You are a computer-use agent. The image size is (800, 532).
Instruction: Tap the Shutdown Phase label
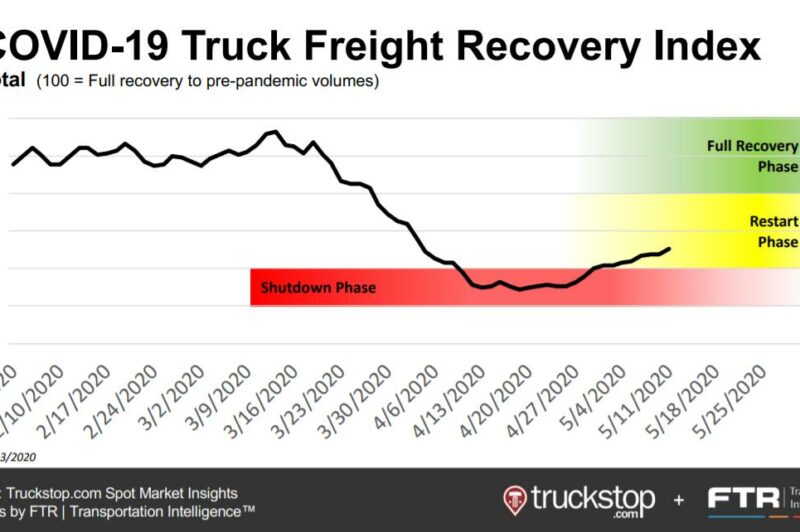[x=318, y=288]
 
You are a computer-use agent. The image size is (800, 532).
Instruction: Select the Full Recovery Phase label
[x=752, y=156]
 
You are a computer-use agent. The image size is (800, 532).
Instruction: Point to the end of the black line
[x=669, y=248]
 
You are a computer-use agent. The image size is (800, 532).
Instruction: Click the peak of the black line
[x=271, y=132]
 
